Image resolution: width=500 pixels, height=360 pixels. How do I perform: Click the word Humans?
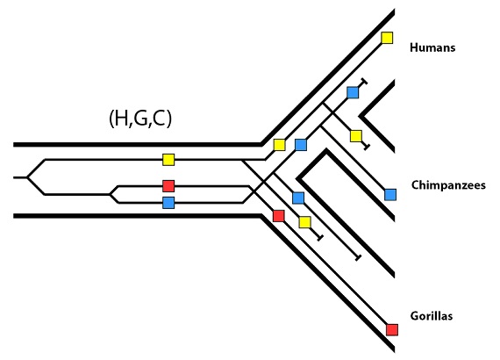pos(432,47)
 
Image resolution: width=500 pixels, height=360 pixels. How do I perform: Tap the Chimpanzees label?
pos(448,185)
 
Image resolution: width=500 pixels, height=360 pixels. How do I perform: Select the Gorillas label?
pos(432,316)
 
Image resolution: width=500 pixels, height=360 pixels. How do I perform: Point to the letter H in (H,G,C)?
pos(121,118)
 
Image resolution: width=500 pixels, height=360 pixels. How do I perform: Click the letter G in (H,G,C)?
pos(140,118)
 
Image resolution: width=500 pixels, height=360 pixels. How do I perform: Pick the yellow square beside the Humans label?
pos(387,38)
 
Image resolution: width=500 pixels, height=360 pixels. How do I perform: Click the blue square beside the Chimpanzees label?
pos(390,195)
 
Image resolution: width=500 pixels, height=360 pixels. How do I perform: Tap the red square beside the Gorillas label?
pos(392,329)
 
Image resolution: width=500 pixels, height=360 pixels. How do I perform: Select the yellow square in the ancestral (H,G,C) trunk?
pos(168,160)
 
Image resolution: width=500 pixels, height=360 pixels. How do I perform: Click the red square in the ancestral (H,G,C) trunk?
pos(168,186)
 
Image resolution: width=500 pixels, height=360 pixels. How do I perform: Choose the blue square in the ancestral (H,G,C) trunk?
pos(168,203)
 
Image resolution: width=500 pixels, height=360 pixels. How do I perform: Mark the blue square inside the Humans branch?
pos(353,92)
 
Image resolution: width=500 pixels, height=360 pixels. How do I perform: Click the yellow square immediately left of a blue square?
pos(279,145)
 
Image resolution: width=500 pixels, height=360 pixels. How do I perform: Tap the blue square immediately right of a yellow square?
pos(301,145)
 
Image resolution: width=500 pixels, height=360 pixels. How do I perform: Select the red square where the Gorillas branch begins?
pos(279,216)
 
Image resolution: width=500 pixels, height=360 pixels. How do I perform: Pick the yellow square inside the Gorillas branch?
pos(305,222)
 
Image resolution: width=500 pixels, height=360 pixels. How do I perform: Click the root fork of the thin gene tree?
pos(27,177)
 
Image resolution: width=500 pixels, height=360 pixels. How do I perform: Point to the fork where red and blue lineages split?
pos(110,194)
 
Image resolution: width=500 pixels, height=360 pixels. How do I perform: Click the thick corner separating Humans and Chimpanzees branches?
pos(361,116)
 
